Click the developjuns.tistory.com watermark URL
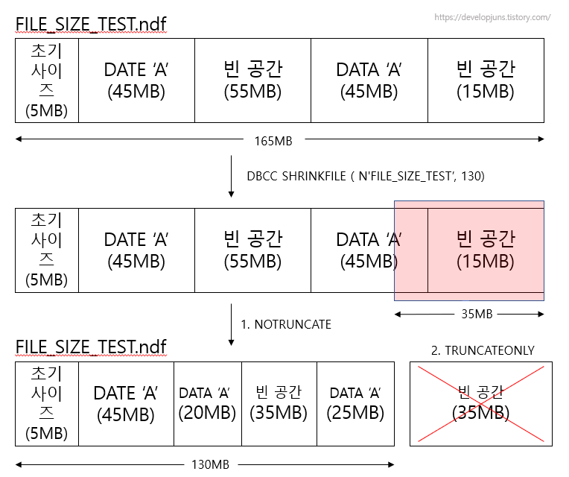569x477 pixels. point(492,16)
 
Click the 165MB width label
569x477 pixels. point(273,140)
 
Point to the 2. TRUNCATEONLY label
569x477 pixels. point(482,350)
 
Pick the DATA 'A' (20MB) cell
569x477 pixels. point(208,403)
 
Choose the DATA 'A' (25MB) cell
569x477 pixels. point(355,403)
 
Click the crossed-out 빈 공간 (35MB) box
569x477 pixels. point(481,402)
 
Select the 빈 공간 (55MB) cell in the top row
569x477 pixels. point(252,80)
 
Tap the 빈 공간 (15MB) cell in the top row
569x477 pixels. point(486,80)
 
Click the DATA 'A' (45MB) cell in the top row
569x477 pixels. point(369,80)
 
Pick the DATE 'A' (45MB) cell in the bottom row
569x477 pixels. point(125,403)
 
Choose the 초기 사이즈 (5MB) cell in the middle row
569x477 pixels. point(46,250)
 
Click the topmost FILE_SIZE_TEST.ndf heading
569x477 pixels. point(90,24)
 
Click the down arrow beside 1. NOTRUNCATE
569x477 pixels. point(231,325)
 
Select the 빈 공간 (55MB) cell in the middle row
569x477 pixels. point(252,250)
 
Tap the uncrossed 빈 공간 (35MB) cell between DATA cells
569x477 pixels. point(279,403)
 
